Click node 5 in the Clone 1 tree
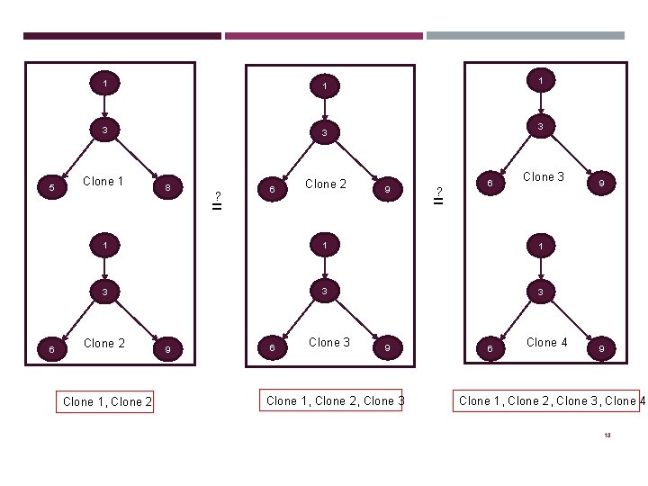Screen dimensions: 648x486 [52, 188]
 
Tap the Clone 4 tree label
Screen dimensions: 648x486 [547, 342]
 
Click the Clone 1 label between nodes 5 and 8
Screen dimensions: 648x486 [103, 181]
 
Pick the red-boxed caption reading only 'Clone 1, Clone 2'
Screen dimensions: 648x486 [107, 401]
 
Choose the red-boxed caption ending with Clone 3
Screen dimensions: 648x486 [335, 400]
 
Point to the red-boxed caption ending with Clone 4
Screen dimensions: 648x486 [551, 400]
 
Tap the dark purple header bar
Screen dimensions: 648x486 [121, 36]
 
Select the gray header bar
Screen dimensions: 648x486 [525, 36]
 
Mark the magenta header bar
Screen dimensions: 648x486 [323, 36]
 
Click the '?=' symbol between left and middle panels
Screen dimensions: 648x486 [217, 200]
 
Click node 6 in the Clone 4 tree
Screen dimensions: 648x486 [489, 348]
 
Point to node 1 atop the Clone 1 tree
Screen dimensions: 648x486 [105, 84]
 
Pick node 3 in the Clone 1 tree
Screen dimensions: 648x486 [105, 130]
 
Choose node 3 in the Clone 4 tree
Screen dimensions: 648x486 [540, 292]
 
